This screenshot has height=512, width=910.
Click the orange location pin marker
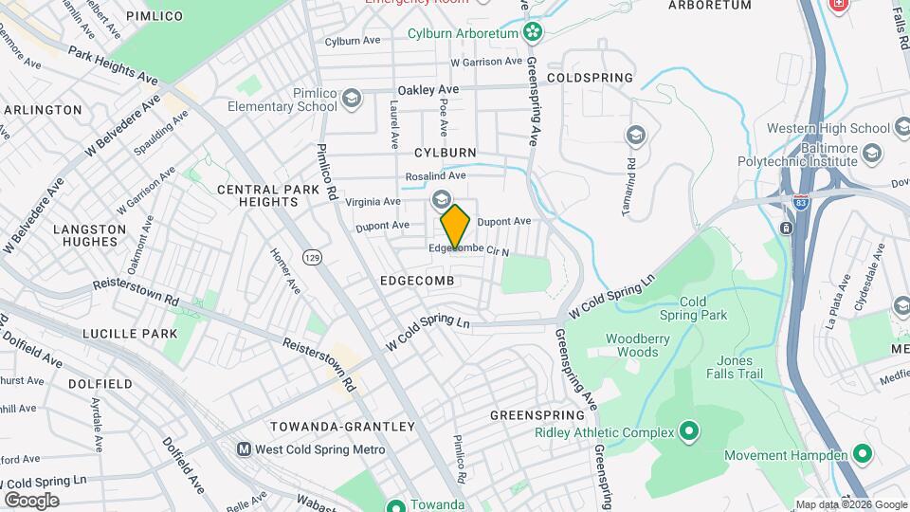[x=456, y=227]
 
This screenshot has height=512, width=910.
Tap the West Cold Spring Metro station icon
[x=244, y=449]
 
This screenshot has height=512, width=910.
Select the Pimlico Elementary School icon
[x=352, y=99]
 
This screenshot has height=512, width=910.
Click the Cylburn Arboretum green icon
[x=534, y=33]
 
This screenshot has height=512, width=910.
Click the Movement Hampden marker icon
[x=862, y=455]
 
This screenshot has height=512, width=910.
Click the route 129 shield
[x=311, y=257]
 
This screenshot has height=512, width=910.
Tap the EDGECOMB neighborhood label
[x=418, y=282]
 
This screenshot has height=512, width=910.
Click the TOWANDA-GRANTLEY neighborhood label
[x=342, y=427]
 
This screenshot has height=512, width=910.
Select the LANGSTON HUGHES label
[x=89, y=236]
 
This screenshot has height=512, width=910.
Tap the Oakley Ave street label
[x=428, y=89]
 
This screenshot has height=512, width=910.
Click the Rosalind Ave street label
[x=436, y=175]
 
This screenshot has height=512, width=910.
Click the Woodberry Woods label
[x=632, y=345]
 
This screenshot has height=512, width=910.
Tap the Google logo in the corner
[x=31, y=500]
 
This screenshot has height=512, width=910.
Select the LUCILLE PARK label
[x=117, y=334]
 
